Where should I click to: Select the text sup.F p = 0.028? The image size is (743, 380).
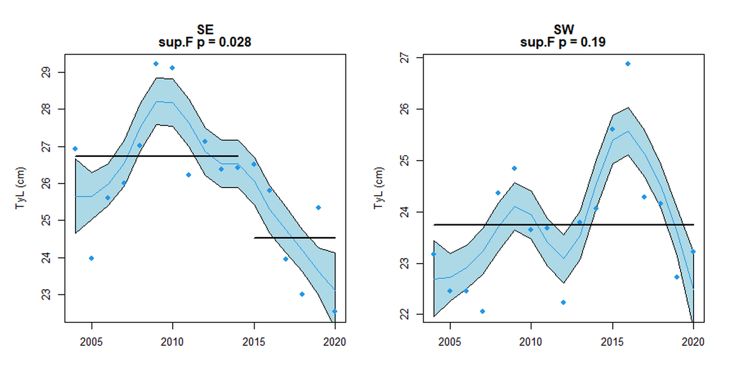coord(204,43)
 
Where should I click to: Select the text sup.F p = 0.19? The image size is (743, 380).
coord(563,43)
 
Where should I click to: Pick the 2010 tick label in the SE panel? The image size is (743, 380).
coord(173,341)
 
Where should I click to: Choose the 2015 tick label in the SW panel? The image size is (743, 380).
coord(612,341)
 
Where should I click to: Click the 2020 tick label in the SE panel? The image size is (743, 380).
coord(335,341)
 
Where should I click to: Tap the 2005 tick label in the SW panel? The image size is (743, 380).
coord(450,341)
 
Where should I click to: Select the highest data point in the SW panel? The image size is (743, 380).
coord(628,64)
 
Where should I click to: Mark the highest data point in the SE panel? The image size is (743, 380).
coord(156,64)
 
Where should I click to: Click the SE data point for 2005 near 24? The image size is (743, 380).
coord(91,258)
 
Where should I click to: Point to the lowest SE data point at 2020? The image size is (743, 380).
coord(335,311)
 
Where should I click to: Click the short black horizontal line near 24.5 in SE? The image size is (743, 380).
coord(295,238)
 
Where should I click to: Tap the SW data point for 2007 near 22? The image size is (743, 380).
coord(483,311)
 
